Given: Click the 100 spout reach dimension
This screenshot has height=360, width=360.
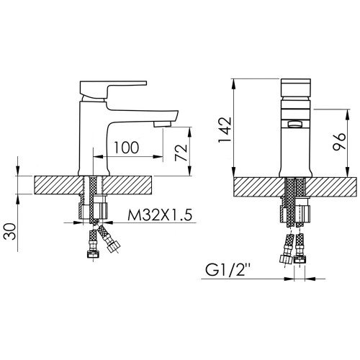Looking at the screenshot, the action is click(x=127, y=148).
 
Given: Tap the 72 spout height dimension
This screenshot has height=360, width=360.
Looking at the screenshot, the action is click(x=181, y=153).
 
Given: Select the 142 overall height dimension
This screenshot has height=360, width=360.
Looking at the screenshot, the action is click(x=225, y=130).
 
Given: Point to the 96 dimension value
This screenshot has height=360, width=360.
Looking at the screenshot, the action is click(x=339, y=141).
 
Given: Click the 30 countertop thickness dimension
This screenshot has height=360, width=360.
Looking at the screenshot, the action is click(x=10, y=231).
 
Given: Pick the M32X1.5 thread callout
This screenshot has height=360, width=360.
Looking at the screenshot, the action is click(x=160, y=215).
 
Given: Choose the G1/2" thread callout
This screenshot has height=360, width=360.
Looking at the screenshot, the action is click(x=230, y=270).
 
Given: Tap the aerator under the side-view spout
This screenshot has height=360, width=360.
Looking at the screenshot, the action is click(x=163, y=124).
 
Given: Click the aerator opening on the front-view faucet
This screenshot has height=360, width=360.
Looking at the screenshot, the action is click(x=295, y=125).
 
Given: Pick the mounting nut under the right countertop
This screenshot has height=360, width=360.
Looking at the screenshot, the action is click(x=295, y=211).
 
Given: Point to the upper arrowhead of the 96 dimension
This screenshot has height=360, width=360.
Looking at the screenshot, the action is click(x=348, y=114).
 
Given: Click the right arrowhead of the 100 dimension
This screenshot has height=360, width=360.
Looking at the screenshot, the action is click(x=158, y=157).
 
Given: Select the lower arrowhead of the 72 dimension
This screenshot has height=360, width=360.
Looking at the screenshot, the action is click(x=190, y=171).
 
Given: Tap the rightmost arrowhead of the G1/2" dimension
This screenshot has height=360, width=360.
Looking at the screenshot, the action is click(x=310, y=279).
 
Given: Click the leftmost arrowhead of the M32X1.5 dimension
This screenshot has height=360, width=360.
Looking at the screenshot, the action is click(x=77, y=222).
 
